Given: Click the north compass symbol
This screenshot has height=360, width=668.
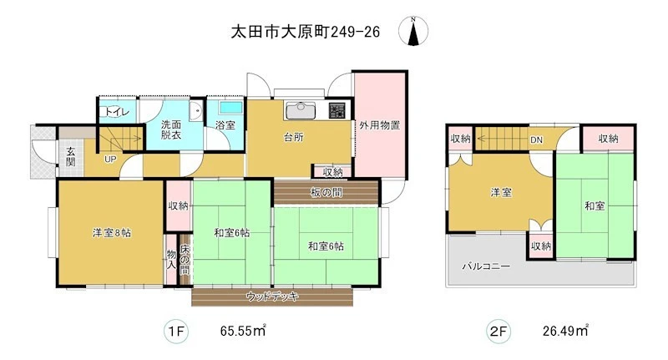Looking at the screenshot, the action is point(413,31).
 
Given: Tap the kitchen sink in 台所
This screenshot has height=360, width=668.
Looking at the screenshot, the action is point(301,111).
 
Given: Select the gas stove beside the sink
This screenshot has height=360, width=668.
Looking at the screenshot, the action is point(337,111).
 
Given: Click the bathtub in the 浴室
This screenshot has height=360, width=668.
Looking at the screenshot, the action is point(231,107).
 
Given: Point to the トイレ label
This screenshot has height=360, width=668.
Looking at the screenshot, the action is point(114,112).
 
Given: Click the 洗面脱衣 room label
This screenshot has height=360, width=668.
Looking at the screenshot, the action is point(171,129).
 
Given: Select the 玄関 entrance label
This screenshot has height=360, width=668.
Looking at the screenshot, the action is point(70,156).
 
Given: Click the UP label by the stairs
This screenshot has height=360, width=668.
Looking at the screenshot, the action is point(110,160).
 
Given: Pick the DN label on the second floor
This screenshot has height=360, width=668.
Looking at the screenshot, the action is point(536,139).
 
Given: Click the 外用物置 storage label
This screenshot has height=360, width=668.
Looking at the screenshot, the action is point(380,125).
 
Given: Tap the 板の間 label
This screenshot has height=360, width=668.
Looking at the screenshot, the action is point(326,193).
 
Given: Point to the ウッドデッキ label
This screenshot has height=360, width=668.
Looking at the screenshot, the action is point(272,296).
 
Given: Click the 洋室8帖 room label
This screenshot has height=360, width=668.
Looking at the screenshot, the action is point(112,232).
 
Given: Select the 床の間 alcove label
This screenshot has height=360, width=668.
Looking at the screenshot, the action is point(185,259).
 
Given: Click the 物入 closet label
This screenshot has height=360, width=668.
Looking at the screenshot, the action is point(171,259).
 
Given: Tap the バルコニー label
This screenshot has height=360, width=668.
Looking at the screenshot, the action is point(486,266).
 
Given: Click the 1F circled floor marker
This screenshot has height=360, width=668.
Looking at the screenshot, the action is point(176,331).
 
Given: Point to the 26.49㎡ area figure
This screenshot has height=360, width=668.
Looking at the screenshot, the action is point(565,331).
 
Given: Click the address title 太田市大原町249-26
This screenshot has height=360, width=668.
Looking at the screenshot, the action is point(305,32).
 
